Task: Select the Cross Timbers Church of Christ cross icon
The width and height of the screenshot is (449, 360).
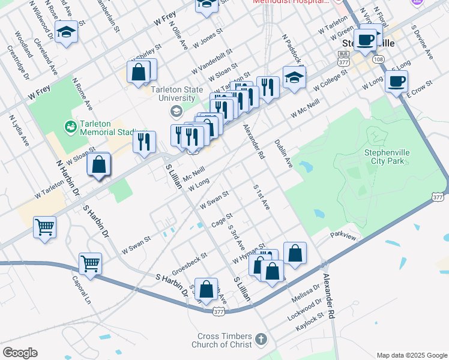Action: pos(260,340)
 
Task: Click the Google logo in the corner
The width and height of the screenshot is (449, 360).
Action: pos(20,352)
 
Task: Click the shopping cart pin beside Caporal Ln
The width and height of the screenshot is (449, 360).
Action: pos(90,263)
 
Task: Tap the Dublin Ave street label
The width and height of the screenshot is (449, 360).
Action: pos(283,154)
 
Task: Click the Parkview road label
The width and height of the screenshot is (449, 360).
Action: pos(343,236)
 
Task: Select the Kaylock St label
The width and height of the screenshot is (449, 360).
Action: pos(310,323)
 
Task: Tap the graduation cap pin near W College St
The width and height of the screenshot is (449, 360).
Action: pos(294,78)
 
